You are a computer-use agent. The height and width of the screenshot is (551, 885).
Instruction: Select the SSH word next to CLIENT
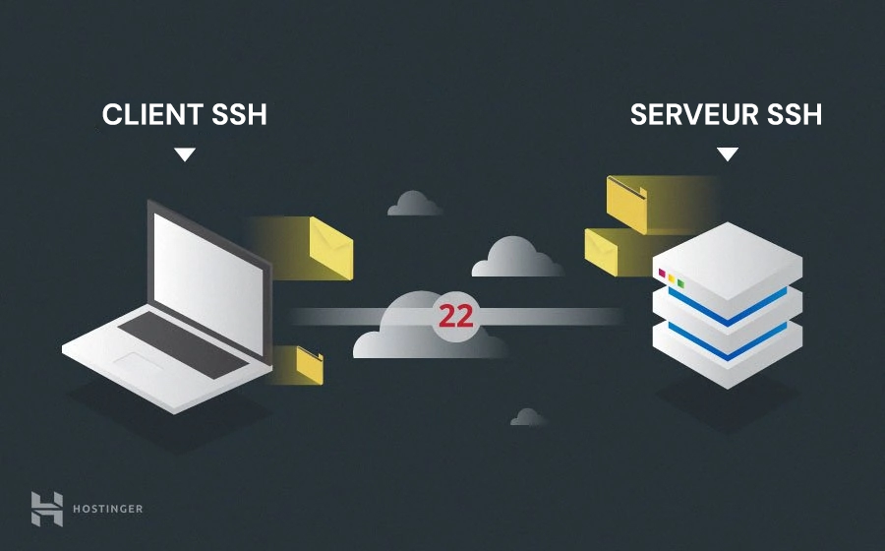pyautogui.click(x=239, y=115)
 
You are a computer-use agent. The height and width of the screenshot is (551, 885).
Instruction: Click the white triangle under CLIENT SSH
pyautogui.click(x=184, y=154)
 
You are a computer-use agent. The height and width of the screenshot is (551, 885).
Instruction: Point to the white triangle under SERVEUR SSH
pyautogui.click(x=727, y=154)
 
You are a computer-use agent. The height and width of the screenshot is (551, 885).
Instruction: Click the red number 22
pyautogui.click(x=456, y=317)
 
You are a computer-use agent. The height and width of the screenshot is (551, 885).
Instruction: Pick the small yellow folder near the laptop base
pyautogui.click(x=311, y=364)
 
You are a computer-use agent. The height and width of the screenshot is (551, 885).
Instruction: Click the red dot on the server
pyautogui.click(x=662, y=273)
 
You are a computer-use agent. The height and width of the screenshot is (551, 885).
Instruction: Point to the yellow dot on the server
pyautogui.click(x=672, y=279)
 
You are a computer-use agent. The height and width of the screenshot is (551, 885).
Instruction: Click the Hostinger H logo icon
pyautogui.click(x=46, y=508)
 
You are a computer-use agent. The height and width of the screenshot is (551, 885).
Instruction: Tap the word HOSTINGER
pyautogui.click(x=107, y=509)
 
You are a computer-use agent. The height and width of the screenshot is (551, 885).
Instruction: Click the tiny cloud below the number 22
pyautogui.click(x=528, y=417)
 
